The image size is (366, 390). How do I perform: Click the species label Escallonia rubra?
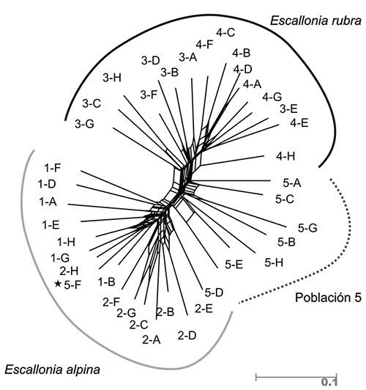pos(315,21)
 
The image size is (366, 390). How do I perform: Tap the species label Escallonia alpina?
pos(53,369)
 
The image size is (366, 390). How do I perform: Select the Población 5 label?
pos(328,297)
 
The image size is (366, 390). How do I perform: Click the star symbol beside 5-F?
pos(58,283)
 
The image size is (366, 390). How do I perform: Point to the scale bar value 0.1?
pos(329,382)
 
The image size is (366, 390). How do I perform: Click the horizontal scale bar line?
pos(296,377)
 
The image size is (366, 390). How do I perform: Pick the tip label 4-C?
pos(225,32)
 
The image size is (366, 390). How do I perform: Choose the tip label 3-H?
pos(112,78)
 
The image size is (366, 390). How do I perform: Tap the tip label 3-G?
pos(85,124)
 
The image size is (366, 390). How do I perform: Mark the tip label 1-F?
pos(53,168)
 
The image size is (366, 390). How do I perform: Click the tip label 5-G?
pos(307,228)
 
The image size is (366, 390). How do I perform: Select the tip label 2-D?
pos(187,336)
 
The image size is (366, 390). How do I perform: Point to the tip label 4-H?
pos(285,156)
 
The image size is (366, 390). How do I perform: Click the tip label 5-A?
pos(292,183)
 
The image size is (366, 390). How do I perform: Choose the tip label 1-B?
pos(107,282)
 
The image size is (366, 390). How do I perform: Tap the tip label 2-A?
pos(152,339)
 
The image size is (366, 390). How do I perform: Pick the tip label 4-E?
pos(299,123)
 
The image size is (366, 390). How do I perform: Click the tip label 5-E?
pos(234,265)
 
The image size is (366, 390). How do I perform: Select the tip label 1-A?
pos(48,202)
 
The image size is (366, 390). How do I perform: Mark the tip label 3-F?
pos(149,95)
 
